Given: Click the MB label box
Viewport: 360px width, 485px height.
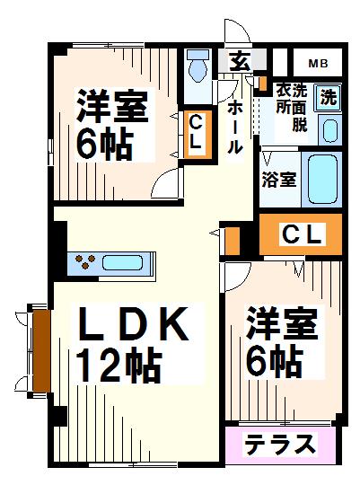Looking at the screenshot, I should pos(318,63).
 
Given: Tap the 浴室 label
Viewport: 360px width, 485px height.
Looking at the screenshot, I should pos(278,179).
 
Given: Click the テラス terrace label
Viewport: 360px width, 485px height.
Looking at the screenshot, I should pos(281,445).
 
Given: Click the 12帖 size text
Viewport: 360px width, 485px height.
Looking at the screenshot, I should pos(119,366).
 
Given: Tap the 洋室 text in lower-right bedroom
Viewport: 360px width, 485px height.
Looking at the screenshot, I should pos(282,324).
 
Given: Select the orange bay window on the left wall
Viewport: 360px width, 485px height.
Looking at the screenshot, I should pos(39,352).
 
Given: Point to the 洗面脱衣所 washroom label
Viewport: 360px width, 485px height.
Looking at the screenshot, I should pos(291,107).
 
